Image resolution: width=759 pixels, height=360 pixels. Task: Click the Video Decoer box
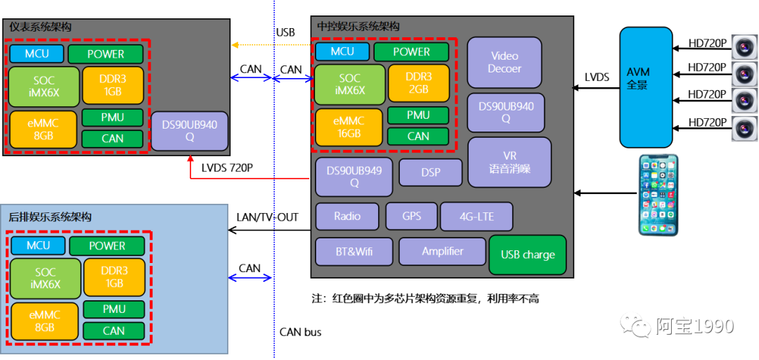[505, 62]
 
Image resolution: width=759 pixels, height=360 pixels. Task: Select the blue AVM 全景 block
[646, 87]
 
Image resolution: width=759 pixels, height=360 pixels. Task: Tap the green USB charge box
[527, 255]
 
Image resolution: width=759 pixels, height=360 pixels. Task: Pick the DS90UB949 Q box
[354, 176]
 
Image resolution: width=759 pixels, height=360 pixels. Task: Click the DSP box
[431, 172]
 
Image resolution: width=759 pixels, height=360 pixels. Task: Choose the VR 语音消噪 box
[509, 162]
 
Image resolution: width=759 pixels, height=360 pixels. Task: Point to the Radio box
[347, 217]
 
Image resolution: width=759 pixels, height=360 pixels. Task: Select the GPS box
[412, 217]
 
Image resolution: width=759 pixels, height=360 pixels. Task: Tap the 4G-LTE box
[476, 217]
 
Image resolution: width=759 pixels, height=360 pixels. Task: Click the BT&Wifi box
[353, 251]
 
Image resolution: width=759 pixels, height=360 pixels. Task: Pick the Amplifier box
[442, 251]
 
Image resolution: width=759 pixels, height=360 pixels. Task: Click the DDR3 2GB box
[418, 83]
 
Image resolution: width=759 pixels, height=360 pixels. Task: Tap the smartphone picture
[659, 194]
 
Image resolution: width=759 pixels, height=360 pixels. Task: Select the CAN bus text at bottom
[300, 332]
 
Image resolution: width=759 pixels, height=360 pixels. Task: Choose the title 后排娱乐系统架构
[51, 217]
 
